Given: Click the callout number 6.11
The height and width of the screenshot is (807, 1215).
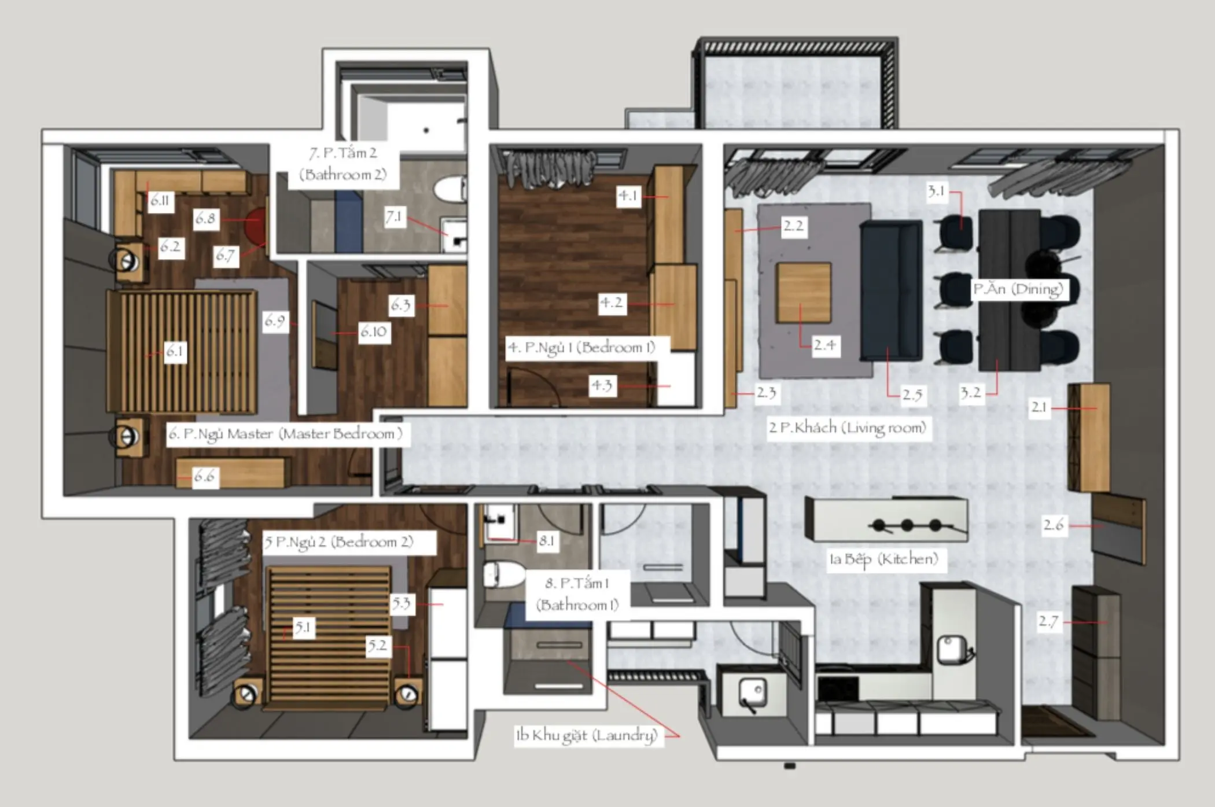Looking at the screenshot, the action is click(x=160, y=201).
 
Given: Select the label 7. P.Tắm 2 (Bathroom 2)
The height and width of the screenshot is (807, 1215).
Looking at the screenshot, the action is click(x=343, y=164).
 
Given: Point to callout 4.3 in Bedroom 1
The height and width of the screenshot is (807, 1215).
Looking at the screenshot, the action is click(x=602, y=386).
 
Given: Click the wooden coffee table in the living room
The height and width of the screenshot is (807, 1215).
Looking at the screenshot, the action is click(x=804, y=293).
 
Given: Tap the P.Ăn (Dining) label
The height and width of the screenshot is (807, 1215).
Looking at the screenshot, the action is click(x=1018, y=289).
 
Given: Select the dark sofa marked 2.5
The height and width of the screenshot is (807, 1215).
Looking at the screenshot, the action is click(x=892, y=291).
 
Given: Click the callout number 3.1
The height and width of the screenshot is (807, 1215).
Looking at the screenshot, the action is click(x=936, y=191).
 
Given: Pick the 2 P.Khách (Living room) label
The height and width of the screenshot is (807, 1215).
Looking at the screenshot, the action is click(x=848, y=428).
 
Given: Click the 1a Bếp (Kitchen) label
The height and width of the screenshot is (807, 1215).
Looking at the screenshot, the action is click(x=883, y=559).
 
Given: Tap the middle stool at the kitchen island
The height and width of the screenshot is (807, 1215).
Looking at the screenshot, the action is click(x=907, y=525).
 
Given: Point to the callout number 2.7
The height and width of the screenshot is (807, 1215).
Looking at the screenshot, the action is click(x=1048, y=622).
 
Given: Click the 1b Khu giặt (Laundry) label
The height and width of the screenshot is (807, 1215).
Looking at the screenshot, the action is click(x=587, y=735).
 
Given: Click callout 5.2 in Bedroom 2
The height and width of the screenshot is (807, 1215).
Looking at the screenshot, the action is click(x=378, y=646).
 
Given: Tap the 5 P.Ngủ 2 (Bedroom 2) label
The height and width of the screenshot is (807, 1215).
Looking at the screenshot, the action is click(x=339, y=543).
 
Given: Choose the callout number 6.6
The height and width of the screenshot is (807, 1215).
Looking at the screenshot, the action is click(x=204, y=477).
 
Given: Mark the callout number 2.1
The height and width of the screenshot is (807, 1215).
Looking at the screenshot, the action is click(x=1040, y=407).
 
